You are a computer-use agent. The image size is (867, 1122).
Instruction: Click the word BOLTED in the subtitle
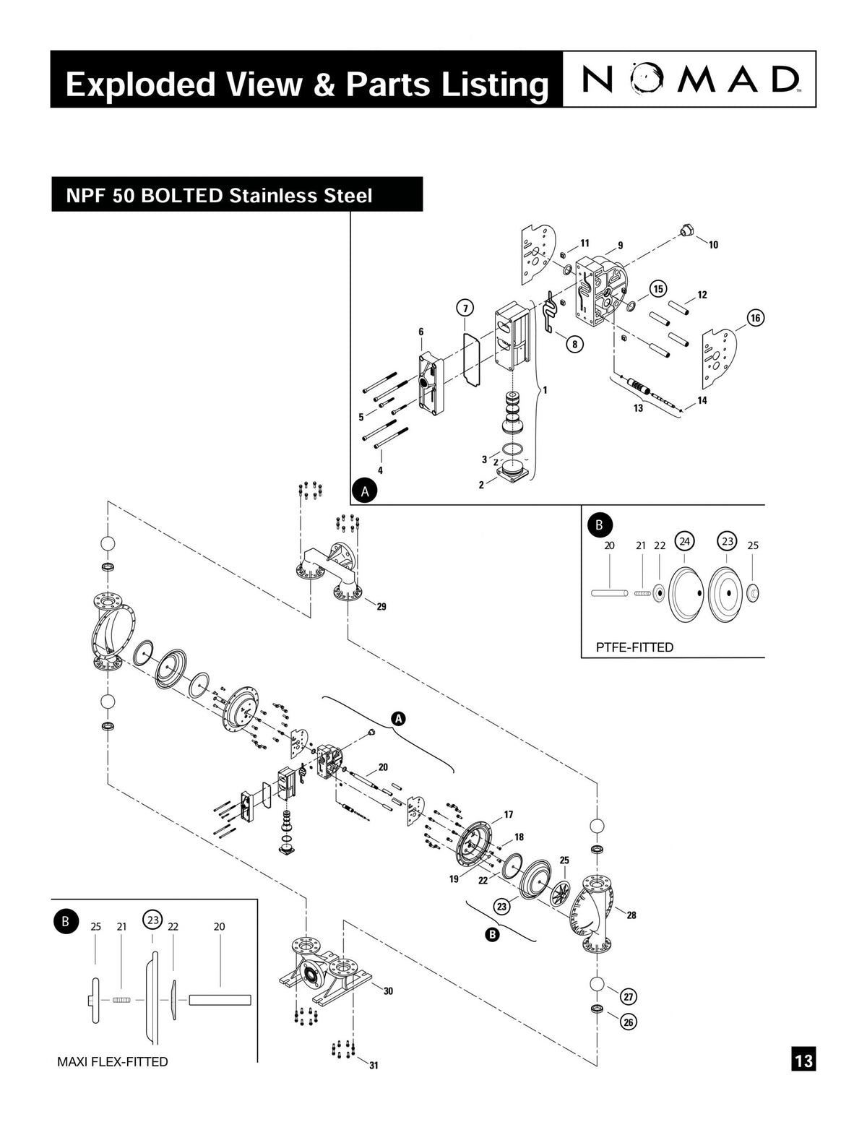182,196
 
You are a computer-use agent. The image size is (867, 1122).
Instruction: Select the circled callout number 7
465,308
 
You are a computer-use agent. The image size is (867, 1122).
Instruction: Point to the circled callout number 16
756,318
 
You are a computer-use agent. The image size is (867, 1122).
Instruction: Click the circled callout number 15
658,288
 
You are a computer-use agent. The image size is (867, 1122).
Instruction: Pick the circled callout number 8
574,344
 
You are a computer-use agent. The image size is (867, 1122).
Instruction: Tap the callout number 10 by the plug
713,245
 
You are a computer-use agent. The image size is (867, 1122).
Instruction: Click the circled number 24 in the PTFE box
684,541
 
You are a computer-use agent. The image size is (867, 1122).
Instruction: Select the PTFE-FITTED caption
634,647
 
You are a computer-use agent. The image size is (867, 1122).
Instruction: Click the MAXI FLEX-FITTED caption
113,1061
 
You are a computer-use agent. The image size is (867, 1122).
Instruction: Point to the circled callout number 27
629,996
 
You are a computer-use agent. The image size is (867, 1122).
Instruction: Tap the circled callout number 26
629,1022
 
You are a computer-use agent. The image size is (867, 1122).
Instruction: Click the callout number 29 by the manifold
381,607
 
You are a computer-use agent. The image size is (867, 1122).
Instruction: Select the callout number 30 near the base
388,991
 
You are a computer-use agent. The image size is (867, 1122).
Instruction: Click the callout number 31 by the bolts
374,1065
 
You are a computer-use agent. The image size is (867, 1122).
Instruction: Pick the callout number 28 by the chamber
631,915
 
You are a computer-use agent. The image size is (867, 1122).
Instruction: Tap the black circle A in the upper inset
366,491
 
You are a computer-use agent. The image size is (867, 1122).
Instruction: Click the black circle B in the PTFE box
599,525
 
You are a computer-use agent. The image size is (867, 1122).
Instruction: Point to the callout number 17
509,814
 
